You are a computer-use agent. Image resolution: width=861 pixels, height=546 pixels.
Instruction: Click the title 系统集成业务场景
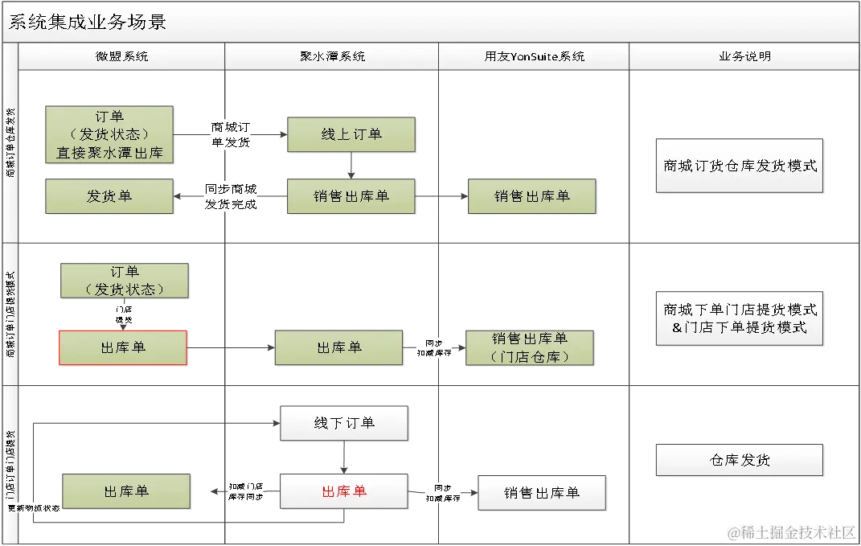87,22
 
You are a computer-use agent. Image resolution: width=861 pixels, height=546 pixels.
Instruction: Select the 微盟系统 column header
121,56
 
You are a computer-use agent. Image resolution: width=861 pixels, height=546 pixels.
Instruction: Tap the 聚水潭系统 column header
331,56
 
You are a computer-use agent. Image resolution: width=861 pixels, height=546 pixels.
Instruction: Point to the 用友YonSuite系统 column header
534,56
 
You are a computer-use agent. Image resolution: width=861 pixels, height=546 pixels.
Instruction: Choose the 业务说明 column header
744,56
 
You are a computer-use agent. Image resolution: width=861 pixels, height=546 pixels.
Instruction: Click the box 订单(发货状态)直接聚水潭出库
109,133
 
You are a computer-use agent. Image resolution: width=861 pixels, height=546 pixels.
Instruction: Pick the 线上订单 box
351,134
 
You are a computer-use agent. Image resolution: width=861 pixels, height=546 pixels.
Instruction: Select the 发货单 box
109,195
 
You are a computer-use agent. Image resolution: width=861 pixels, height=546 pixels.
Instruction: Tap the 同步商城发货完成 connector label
231,196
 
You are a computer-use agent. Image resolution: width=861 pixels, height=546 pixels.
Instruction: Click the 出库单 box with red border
123,347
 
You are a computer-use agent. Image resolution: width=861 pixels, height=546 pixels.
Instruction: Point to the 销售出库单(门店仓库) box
530,347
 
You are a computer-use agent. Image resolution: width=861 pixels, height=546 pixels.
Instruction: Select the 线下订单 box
344,422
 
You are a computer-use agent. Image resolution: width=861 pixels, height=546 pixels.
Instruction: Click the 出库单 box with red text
344,491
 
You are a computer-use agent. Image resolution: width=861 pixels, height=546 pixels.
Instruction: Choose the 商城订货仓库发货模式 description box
740,166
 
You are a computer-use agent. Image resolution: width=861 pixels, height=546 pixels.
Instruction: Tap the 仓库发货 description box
740,460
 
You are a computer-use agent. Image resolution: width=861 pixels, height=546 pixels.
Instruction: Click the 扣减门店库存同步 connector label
245,491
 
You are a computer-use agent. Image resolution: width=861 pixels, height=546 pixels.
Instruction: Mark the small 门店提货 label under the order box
124,314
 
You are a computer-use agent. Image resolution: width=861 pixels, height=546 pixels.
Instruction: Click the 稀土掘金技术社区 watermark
791,532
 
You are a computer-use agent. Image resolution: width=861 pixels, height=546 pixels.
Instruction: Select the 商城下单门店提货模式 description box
740,318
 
